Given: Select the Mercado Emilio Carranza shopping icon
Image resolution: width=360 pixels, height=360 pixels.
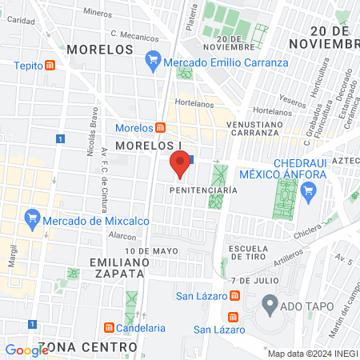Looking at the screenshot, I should [x=154, y=60].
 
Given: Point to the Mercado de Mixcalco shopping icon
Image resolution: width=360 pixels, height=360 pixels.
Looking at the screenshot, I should [x=33, y=217].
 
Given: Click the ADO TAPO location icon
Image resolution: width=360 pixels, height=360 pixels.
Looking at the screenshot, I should [x=270, y=304].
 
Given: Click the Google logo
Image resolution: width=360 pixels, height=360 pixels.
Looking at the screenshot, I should [x=26, y=350].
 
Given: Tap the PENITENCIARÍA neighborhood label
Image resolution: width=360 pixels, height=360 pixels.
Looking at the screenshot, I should [x=204, y=190].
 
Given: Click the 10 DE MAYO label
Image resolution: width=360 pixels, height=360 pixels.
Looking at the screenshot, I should [x=151, y=251].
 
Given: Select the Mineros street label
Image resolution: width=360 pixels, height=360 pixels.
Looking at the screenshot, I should [x=98, y=13].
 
